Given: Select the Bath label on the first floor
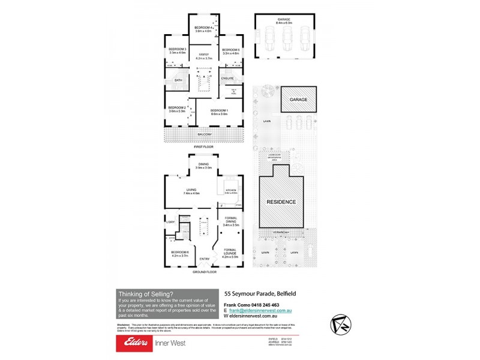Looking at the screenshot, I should [x=178, y=80].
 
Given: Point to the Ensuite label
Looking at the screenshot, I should [x=227, y=78].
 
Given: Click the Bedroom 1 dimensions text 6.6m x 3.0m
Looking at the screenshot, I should [x=219, y=113].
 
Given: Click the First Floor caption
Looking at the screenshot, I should [x=204, y=146].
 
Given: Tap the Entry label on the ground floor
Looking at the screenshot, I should [x=205, y=259].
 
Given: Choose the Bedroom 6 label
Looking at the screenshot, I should [x=180, y=252].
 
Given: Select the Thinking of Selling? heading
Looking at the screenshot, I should [x=146, y=293].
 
